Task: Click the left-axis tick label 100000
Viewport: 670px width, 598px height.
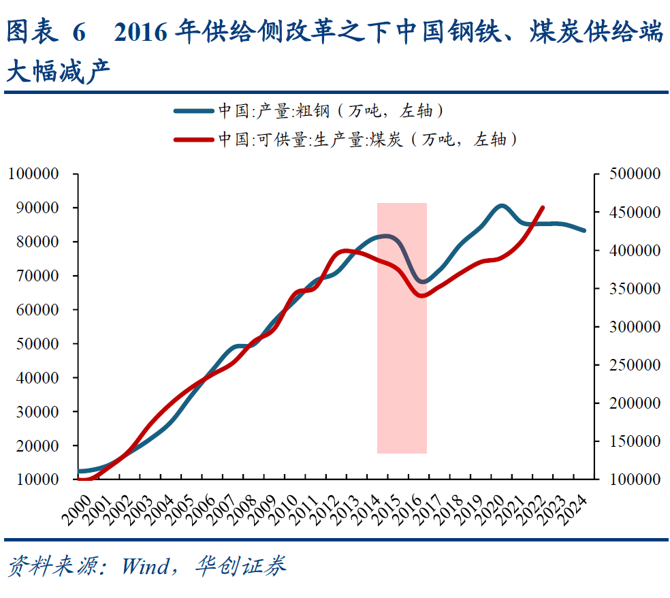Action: [33, 174]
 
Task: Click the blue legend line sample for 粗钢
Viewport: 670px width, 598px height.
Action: [193, 110]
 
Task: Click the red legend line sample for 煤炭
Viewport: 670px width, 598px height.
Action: [193, 140]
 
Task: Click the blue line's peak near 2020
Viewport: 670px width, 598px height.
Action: [501, 206]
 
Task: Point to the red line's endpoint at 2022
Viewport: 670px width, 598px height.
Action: [543, 207]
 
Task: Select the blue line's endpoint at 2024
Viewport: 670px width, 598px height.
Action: [584, 230]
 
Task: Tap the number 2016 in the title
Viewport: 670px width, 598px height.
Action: [141, 32]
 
